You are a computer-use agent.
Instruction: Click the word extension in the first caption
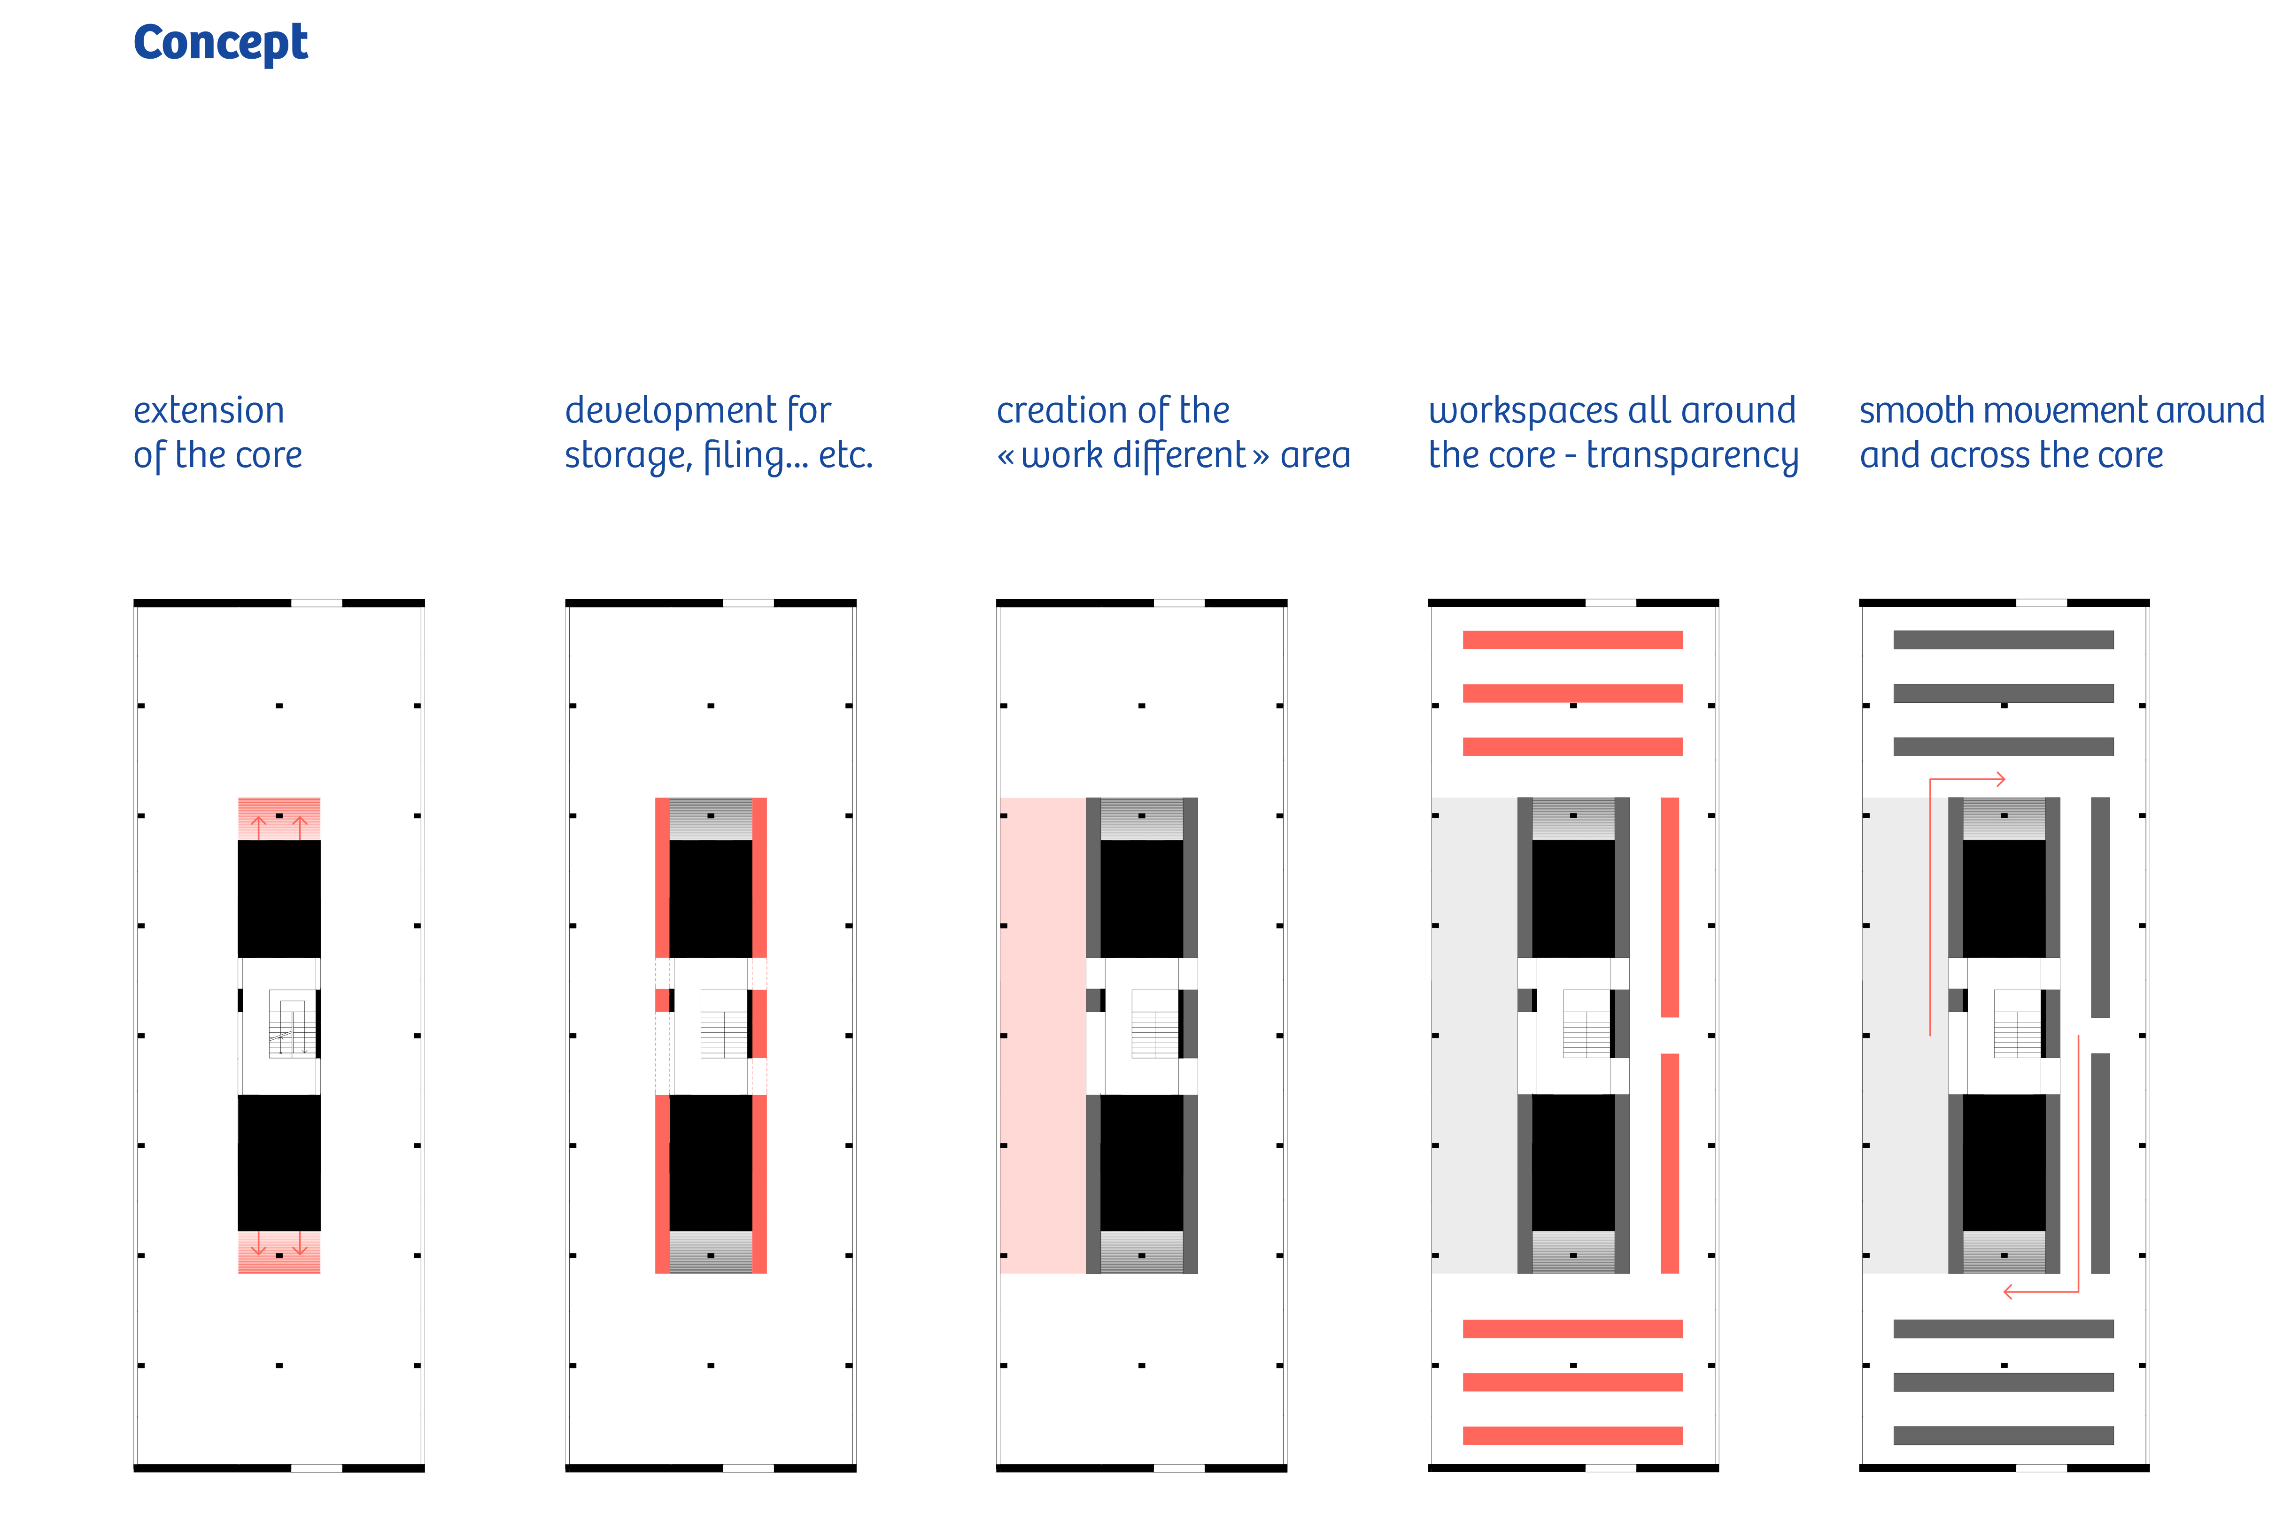209,410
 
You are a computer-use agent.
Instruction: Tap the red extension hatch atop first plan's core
279,819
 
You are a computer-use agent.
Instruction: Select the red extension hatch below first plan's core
279,1252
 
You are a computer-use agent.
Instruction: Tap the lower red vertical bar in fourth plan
1670,1163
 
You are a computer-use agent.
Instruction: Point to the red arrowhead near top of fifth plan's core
2000,780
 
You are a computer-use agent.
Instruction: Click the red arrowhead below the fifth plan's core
2009,1292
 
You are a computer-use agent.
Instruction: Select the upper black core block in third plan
1142,899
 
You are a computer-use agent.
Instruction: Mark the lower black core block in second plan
711,1162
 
